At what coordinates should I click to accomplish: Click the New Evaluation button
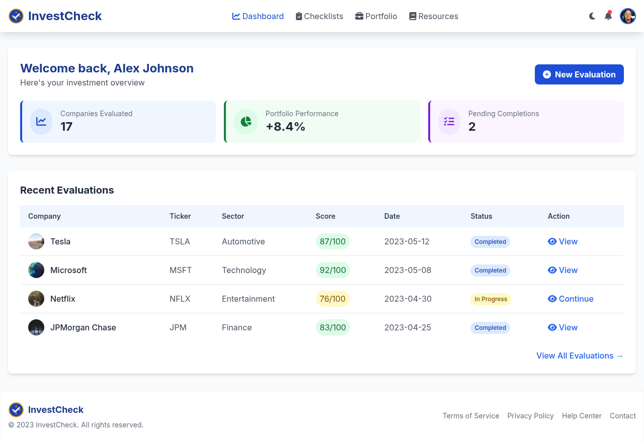coord(579,74)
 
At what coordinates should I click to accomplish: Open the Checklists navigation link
coord(319,16)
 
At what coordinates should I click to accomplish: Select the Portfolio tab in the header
coord(376,16)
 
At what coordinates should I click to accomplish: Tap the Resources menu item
coord(434,16)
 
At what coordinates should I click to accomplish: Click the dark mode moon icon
coord(592,16)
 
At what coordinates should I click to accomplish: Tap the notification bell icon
coord(608,16)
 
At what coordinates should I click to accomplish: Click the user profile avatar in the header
coord(628,16)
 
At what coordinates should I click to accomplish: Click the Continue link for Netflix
coord(571,299)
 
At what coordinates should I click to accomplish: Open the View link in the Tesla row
coord(562,241)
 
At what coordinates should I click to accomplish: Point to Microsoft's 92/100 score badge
coord(333,270)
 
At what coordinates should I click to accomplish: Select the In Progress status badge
coord(491,299)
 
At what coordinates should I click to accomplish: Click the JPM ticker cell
coord(178,327)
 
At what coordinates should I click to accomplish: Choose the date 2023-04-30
coord(408,299)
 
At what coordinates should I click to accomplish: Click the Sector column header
coord(233,216)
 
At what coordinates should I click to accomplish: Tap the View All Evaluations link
coord(580,356)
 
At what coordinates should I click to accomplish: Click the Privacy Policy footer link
coord(530,416)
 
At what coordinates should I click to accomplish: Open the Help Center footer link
coord(582,416)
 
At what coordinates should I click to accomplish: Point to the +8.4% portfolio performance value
coord(285,127)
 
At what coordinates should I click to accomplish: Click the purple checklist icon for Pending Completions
coord(449,122)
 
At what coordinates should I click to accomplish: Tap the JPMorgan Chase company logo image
coord(36,327)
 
